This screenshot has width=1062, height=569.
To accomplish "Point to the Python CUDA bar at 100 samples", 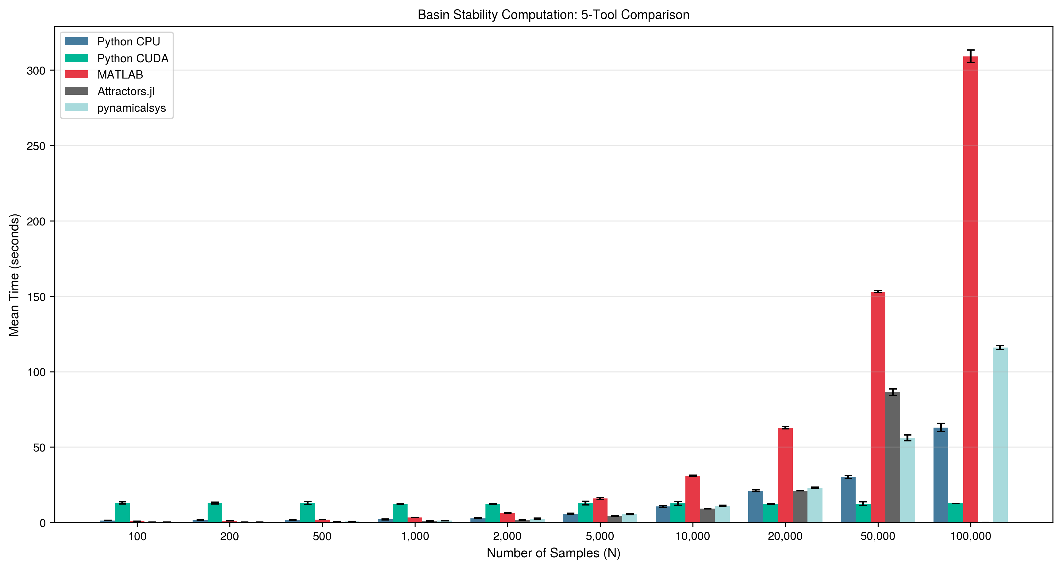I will click(x=122, y=513).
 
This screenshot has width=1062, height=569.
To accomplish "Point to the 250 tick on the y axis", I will click(x=36, y=146).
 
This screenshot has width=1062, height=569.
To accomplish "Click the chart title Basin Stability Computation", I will click(x=553, y=15).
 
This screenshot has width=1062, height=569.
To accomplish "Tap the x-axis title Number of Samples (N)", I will click(x=553, y=553).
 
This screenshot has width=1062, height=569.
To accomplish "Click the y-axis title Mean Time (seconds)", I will click(x=14, y=275).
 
